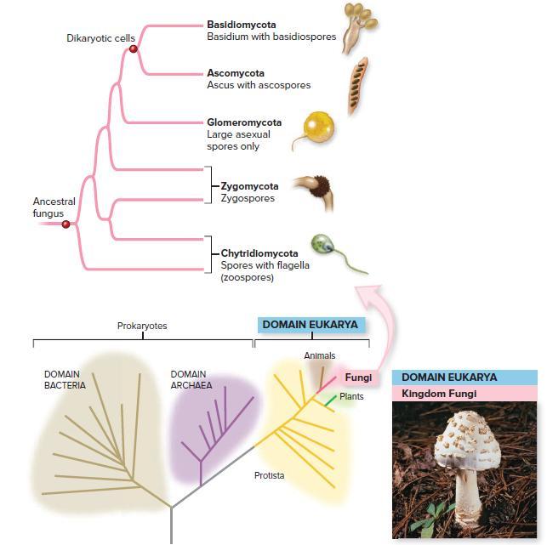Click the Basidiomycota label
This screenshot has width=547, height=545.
point(241,25)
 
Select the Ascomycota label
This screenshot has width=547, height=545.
point(236,73)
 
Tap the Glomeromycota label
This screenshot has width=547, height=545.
point(244,122)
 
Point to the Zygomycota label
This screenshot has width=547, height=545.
point(249,186)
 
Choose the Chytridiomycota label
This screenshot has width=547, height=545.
point(259,253)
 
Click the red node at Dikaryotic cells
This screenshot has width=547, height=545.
point(133,50)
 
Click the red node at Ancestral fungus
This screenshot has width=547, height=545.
point(66,224)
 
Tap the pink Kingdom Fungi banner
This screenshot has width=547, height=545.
point(464,392)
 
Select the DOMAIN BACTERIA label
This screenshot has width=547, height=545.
point(66,380)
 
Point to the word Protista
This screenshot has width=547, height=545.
point(269,475)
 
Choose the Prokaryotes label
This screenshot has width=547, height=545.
point(142,326)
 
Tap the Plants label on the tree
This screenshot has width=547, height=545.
point(351,397)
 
